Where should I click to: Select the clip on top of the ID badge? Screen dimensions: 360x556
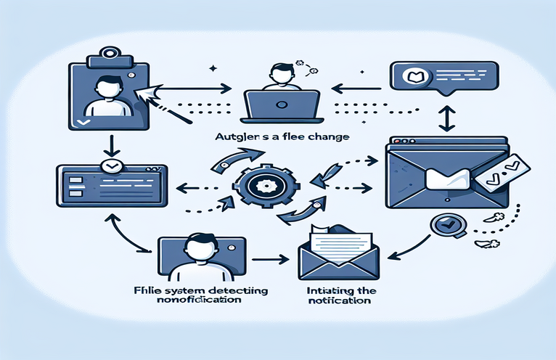coord(110,54)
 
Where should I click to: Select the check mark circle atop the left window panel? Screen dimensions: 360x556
coord(109,166)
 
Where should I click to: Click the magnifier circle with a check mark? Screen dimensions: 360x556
coord(441,224)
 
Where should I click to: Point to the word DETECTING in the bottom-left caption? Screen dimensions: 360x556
coord(237,290)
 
